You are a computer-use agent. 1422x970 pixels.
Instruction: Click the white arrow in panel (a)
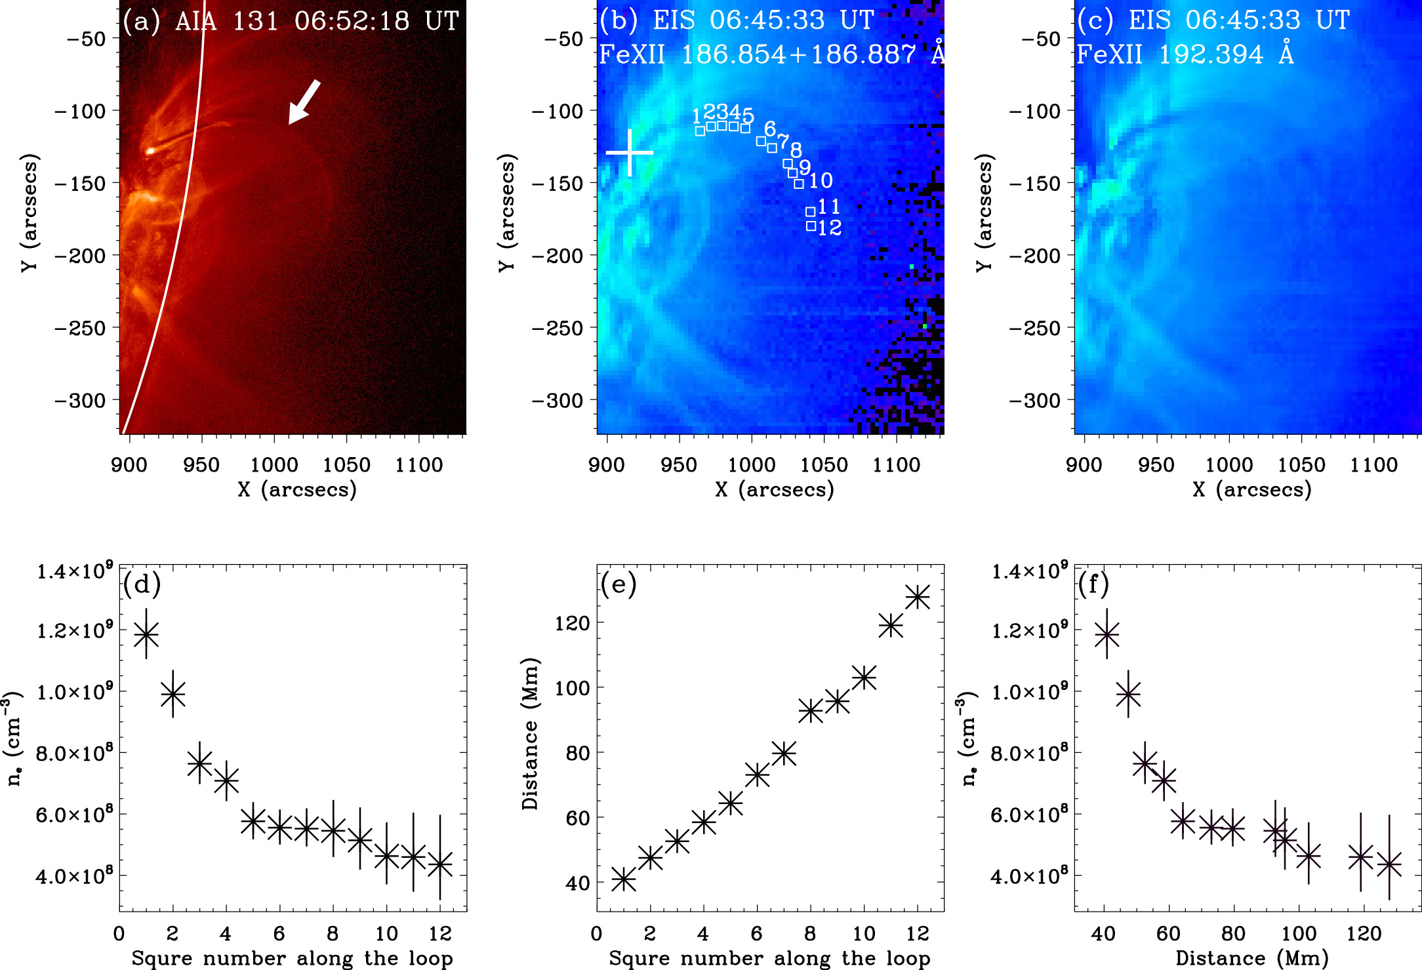(304, 102)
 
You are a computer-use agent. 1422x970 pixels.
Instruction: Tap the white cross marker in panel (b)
(630, 153)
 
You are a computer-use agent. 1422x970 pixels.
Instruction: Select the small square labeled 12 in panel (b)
(811, 226)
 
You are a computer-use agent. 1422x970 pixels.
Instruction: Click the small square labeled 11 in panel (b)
(811, 212)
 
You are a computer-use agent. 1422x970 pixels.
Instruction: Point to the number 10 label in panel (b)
(821, 180)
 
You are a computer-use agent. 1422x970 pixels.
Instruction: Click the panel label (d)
(142, 584)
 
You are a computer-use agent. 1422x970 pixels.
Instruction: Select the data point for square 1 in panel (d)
(146, 634)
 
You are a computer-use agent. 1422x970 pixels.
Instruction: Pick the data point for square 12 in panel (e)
(918, 597)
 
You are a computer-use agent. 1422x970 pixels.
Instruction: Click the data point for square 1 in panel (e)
(624, 879)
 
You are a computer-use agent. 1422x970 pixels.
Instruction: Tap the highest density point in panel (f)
(1107, 634)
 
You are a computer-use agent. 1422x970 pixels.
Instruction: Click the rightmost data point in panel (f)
(1389, 864)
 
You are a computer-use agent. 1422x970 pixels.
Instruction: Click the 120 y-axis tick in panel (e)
(572, 623)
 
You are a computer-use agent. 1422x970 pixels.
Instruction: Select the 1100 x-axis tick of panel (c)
(1373, 465)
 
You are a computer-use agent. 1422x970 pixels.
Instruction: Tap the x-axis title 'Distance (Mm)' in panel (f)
(1251, 958)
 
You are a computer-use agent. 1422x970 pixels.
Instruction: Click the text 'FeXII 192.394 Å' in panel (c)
(1185, 54)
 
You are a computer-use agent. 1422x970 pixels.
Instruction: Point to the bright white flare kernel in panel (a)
(150, 151)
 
